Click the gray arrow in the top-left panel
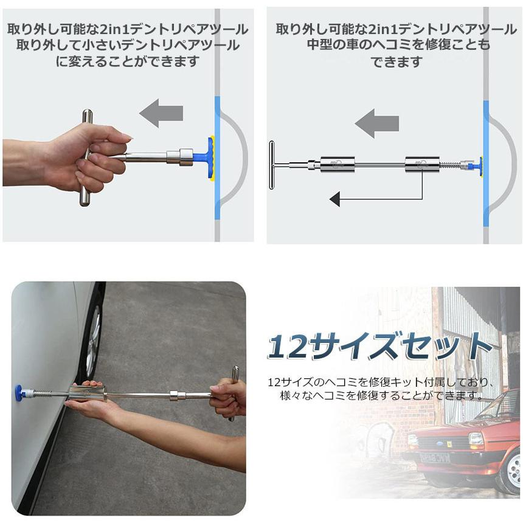(161, 113)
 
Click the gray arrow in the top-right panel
(376, 124)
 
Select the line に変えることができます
(127, 61)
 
